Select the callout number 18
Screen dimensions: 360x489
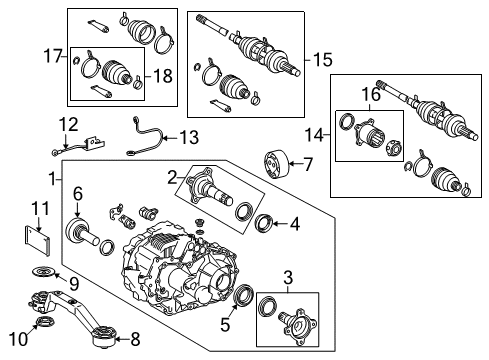161,75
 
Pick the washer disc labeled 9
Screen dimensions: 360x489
43,275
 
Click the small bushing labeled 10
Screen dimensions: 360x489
43,324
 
